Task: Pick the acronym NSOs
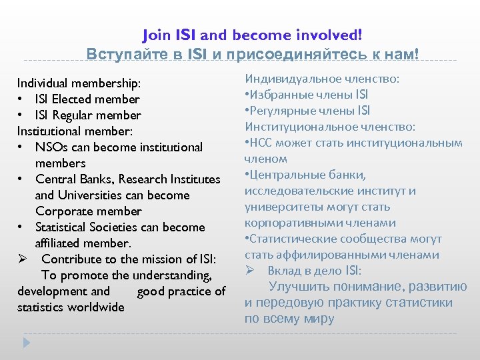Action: pos(51,147)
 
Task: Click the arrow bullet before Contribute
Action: pos(23,259)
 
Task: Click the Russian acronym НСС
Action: pos(262,143)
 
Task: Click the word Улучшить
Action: pos(297,287)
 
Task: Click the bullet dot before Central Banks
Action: pos(21,179)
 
